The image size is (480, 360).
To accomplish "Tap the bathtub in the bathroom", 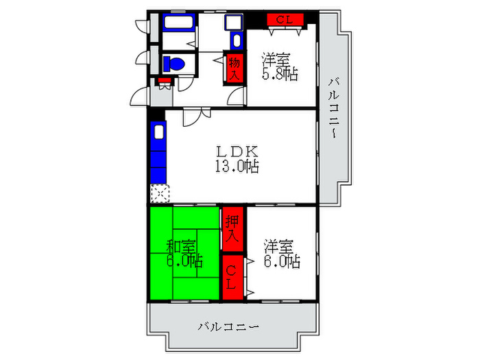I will tap(180, 21).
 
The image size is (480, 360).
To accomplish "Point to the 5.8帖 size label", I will tap(280, 75).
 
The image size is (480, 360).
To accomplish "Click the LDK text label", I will tap(237, 151).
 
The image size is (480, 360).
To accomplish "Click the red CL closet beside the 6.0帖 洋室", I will tap(232, 277).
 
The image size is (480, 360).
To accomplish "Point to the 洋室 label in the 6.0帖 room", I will tap(280, 245).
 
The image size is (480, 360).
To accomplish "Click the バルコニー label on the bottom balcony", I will tap(229, 326).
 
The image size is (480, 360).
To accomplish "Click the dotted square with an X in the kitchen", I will tap(158, 193).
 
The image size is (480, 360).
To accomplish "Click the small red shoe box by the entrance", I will tap(165, 80).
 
